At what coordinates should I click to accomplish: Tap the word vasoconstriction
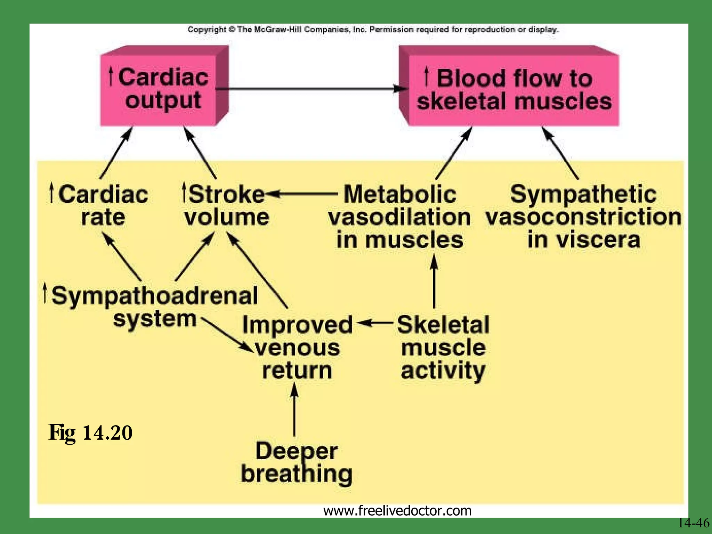coord(583,217)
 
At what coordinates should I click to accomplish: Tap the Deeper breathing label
coord(297,462)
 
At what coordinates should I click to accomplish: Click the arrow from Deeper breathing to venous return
coord(294,410)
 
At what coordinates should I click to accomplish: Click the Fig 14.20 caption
coord(90,433)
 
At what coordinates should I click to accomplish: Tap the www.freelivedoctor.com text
coord(397,511)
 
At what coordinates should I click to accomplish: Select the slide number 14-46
coord(693,523)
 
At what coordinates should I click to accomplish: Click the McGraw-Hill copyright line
coord(373,29)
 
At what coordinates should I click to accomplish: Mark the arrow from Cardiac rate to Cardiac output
coord(116,153)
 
